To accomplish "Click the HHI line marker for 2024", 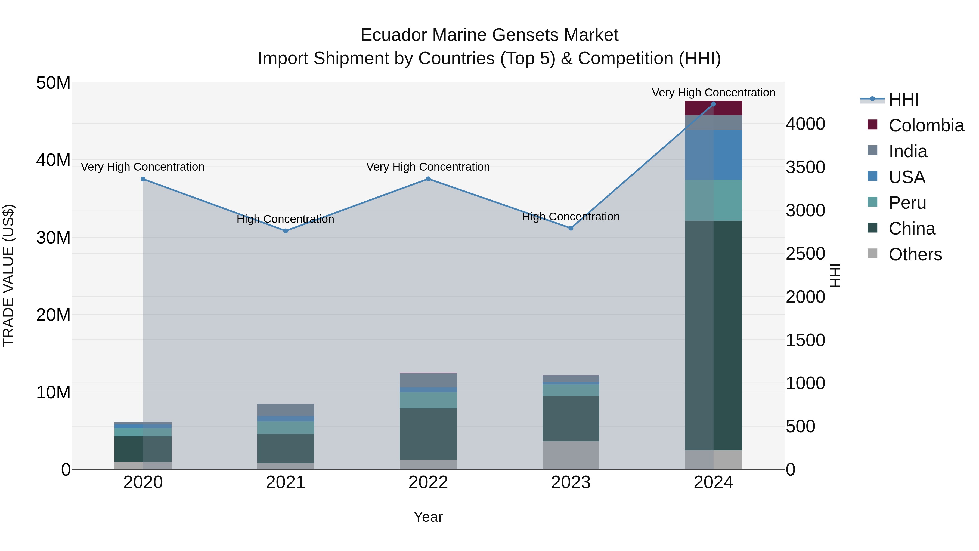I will click(x=713, y=104).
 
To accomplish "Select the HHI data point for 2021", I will click(x=286, y=231).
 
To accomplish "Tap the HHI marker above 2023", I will click(x=571, y=228).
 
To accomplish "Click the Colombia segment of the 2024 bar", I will click(x=713, y=108).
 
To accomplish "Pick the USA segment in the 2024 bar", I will click(x=713, y=155).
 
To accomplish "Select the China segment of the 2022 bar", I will click(x=428, y=434).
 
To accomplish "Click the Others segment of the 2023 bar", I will click(x=571, y=455).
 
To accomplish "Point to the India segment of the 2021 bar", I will click(x=286, y=410).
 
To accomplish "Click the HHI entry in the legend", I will click(x=903, y=100).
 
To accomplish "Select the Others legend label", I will click(x=915, y=254).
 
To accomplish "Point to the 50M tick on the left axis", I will click(x=53, y=83).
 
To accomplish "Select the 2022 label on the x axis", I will click(x=428, y=482).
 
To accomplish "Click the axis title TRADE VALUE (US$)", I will click(x=8, y=275).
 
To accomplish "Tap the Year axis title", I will click(x=428, y=517).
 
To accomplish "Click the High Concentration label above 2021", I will click(x=286, y=219).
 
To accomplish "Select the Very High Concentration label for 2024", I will click(x=713, y=93).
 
